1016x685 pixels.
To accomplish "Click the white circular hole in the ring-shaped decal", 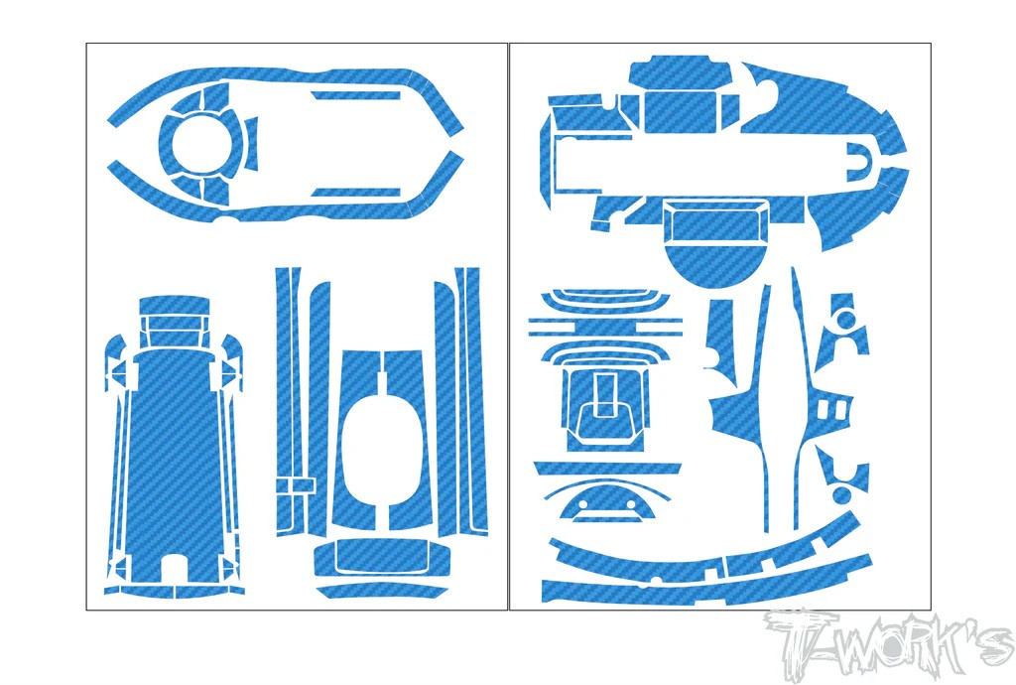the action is pyautogui.click(x=200, y=145).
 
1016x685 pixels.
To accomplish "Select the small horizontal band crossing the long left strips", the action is pyautogui.click(x=296, y=485).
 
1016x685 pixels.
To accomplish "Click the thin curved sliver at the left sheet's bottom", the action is pyautogui.click(x=382, y=591).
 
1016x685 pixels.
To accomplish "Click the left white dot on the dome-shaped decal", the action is pyautogui.click(x=582, y=504).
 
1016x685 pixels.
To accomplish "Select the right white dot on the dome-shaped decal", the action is pyautogui.click(x=631, y=504).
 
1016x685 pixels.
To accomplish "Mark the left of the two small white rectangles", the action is pyautogui.click(x=823, y=410).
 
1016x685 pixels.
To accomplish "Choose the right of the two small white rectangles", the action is pyautogui.click(x=839, y=410).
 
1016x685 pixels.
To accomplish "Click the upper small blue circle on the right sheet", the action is pyautogui.click(x=845, y=320).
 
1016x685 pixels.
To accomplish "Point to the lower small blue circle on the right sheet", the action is pyautogui.click(x=841, y=495).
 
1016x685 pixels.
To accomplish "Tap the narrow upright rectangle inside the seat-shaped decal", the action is pyautogui.click(x=605, y=393).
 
